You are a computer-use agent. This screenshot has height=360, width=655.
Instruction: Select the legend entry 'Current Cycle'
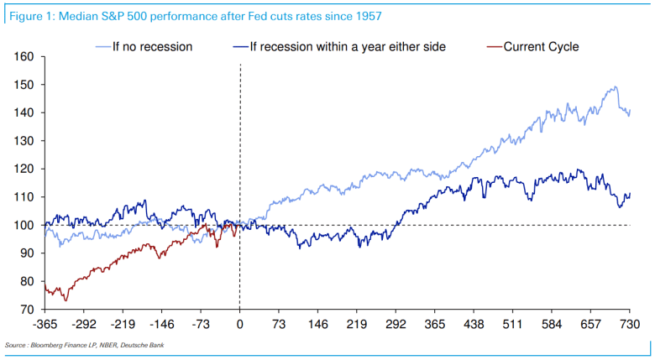(541, 47)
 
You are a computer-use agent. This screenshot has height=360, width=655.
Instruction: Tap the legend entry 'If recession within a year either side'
(350, 47)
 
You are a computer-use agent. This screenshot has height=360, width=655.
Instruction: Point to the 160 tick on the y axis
(24, 57)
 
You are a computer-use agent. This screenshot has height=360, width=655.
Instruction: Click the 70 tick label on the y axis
(28, 310)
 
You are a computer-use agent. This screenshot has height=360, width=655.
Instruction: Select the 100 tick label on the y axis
(24, 225)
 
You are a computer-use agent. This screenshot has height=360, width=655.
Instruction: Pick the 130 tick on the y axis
(24, 141)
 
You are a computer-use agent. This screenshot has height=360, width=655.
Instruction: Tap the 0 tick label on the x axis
(240, 324)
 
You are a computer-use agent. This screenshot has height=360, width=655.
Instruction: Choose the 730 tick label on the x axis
(630, 324)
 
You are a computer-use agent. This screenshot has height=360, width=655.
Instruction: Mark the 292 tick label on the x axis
(396, 324)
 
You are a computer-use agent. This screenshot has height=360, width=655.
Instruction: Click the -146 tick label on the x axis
(162, 324)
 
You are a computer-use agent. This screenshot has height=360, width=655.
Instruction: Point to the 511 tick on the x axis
(513, 324)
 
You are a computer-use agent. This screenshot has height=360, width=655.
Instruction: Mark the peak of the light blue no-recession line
(616, 87)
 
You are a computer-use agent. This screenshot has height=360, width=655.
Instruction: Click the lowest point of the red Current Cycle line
(65, 300)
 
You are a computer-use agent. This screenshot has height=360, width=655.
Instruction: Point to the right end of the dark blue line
(629, 194)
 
